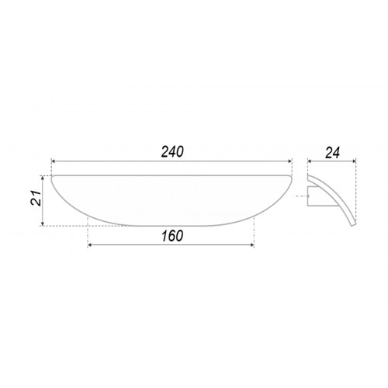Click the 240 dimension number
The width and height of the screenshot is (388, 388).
click(172, 152)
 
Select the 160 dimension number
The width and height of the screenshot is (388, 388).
click(172, 236)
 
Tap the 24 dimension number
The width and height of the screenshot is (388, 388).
click(332, 153)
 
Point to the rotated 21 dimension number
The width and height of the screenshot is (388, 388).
click(36, 198)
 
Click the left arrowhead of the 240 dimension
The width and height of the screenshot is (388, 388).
click(54, 161)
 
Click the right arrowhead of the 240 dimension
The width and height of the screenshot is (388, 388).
click(290, 161)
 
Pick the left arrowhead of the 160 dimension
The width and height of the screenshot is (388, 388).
click(90, 244)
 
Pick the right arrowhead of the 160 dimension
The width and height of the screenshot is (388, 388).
click(252, 244)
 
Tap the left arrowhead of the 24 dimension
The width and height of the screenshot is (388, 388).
click(310, 161)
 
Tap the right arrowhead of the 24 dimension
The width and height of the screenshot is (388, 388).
click(354, 161)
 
